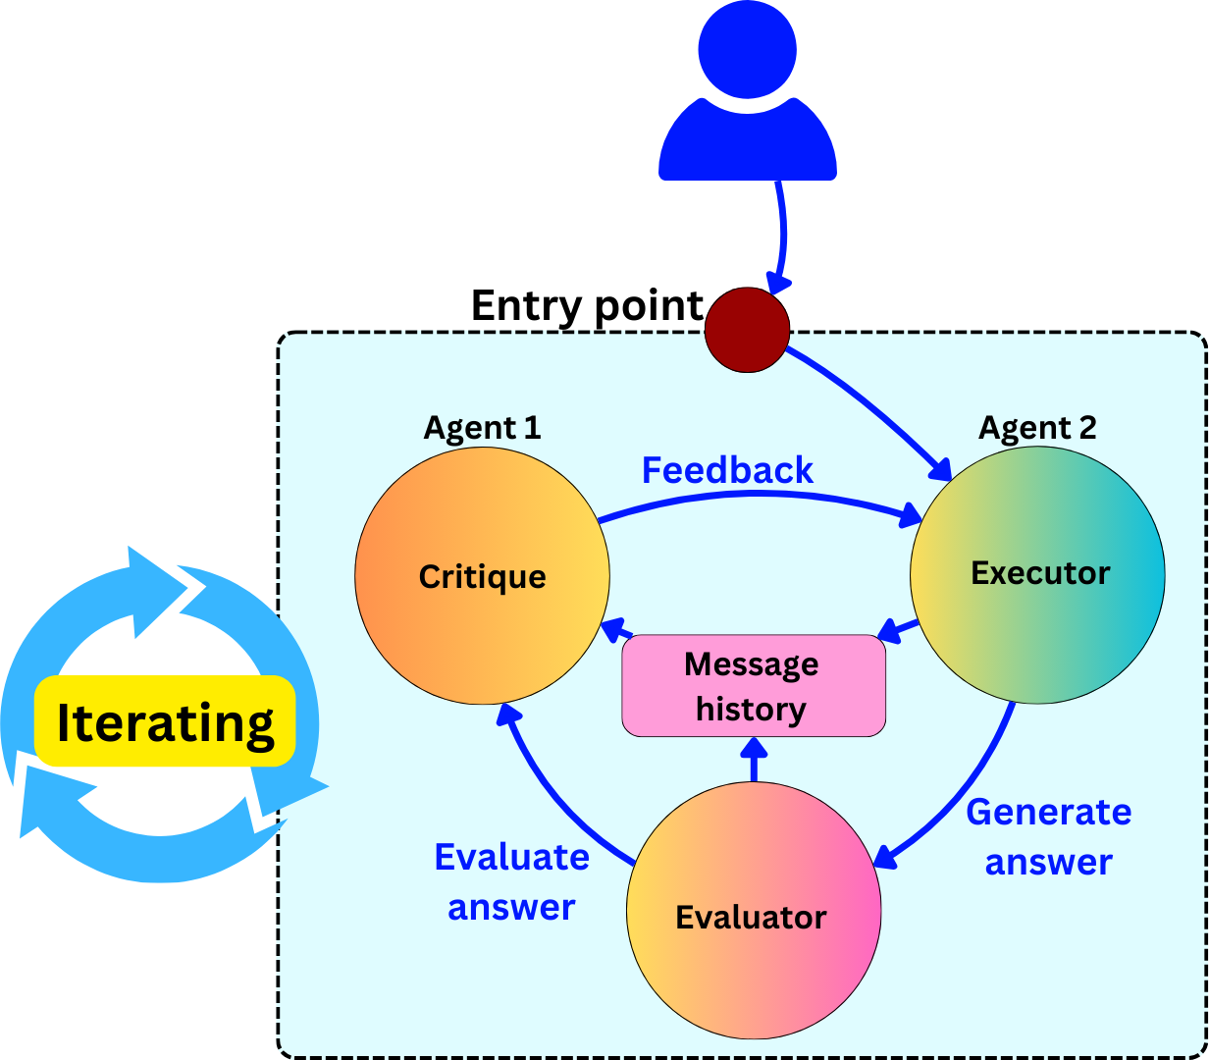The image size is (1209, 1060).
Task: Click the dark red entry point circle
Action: point(747,330)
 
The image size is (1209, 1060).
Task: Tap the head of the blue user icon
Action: point(747,49)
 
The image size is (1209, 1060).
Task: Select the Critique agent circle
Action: point(482,576)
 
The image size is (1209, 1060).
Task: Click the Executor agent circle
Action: point(1037,575)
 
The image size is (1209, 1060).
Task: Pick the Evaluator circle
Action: point(754,910)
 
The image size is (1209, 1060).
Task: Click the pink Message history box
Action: point(754,685)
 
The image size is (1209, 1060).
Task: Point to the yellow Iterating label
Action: point(165,720)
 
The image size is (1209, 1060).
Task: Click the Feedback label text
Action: point(727,470)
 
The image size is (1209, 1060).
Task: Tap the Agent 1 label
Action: point(482,427)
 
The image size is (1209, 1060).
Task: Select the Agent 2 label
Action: point(1037,427)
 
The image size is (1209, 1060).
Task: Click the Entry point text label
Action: point(587,306)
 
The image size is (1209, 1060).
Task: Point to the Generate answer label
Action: point(1048,837)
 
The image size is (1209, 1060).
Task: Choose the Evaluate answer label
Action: point(512,882)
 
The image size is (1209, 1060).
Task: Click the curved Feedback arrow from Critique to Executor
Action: point(756,494)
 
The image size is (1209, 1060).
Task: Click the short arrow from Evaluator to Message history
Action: point(754,760)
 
